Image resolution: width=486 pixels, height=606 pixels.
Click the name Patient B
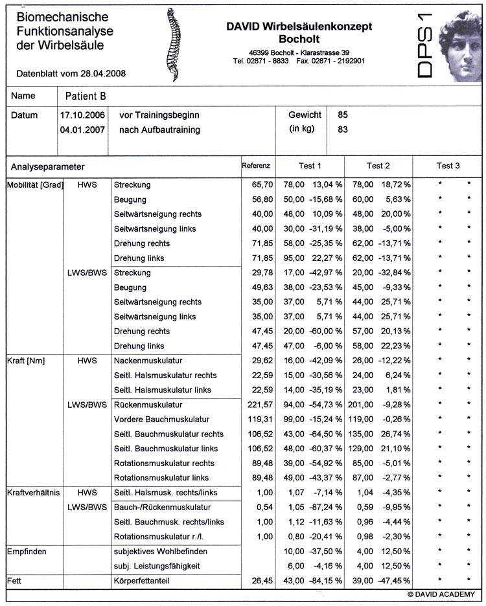(x=86, y=96)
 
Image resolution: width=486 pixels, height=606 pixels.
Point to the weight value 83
(x=343, y=129)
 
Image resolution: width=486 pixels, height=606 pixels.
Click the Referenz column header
(x=255, y=166)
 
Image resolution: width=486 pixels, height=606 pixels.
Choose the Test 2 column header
(x=378, y=166)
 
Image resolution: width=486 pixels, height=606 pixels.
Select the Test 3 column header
(x=448, y=166)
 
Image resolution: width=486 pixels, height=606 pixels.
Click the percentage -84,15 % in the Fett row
(x=325, y=581)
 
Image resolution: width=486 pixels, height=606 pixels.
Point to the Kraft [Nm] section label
(x=25, y=361)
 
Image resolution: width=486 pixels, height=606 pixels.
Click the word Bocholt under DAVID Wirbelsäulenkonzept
(x=299, y=39)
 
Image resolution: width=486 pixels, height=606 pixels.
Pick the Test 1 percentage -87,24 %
(x=325, y=507)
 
